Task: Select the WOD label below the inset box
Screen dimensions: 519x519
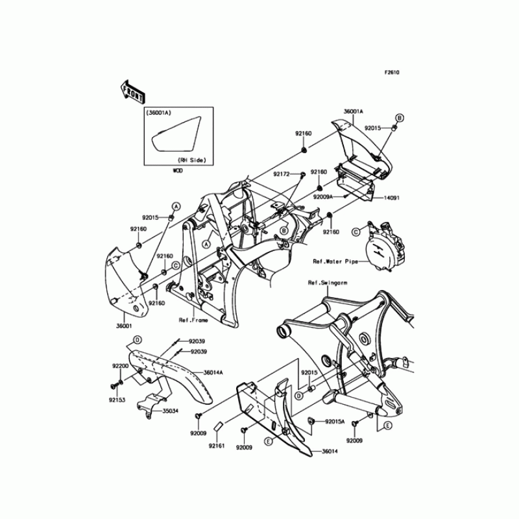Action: click(177, 171)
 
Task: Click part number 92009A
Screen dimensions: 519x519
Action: click(323, 196)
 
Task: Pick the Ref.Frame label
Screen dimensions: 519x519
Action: click(193, 320)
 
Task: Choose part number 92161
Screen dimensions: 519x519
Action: click(217, 446)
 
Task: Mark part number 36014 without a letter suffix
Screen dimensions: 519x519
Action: click(330, 452)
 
